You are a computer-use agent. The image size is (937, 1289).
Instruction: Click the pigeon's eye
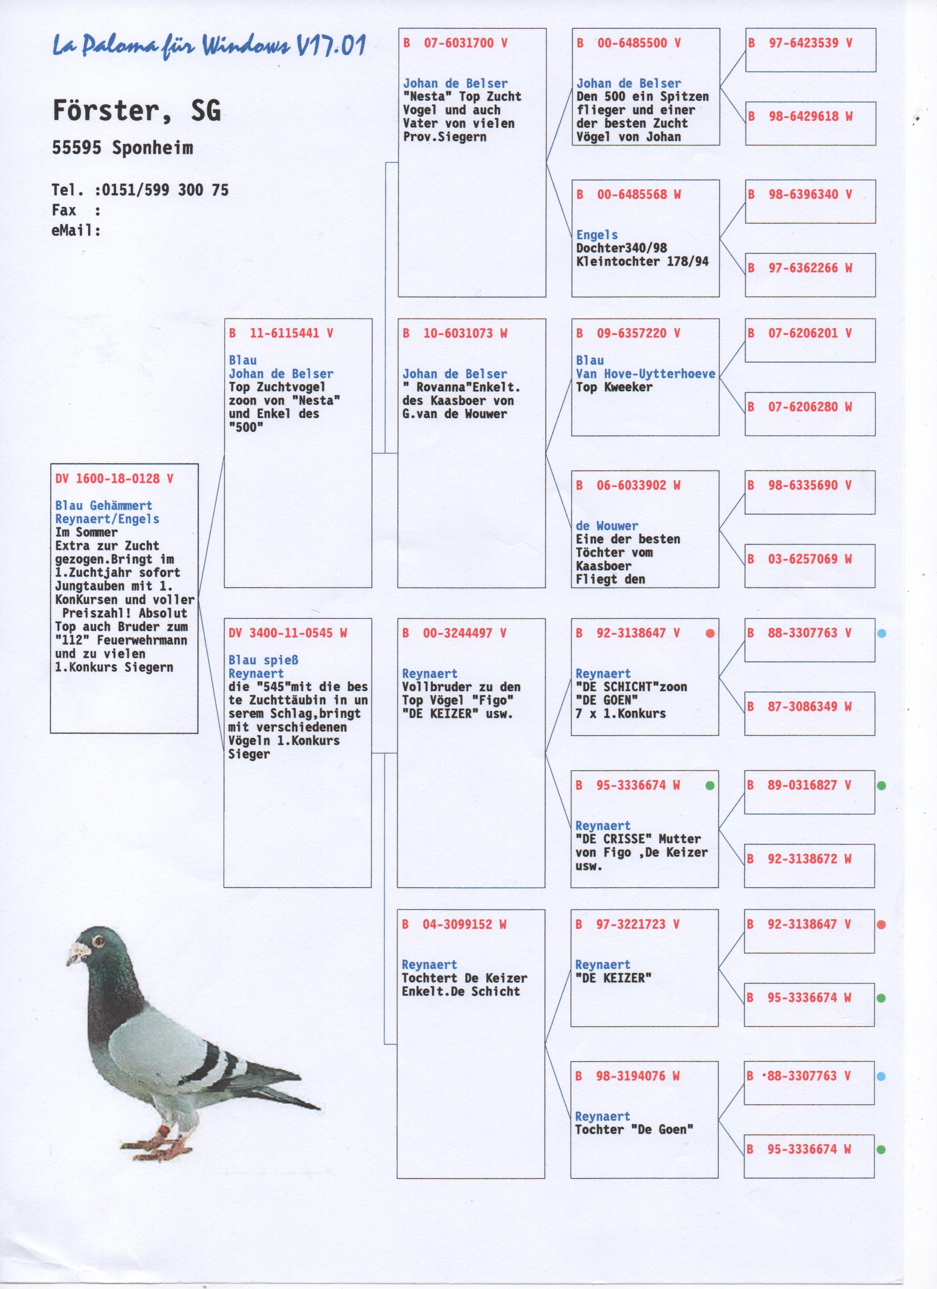pos(98,942)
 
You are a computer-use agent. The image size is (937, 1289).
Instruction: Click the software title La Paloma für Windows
pos(209,46)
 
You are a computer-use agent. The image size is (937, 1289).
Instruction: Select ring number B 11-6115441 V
pos(281,333)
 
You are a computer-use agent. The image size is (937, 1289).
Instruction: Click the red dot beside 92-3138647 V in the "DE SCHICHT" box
pos(710,633)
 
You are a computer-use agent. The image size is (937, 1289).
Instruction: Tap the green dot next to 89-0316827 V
pos(881,786)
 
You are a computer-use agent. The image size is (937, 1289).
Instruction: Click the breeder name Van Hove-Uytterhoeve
pos(645,373)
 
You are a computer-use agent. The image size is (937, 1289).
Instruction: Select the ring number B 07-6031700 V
pos(455,43)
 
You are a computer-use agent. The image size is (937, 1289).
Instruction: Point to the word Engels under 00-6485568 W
pos(596,235)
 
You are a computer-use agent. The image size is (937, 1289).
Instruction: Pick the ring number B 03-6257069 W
pos(801,559)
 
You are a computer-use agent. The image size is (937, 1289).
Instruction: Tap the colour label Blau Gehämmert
pos(104,505)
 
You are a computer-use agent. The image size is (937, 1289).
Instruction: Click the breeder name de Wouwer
pos(607,526)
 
